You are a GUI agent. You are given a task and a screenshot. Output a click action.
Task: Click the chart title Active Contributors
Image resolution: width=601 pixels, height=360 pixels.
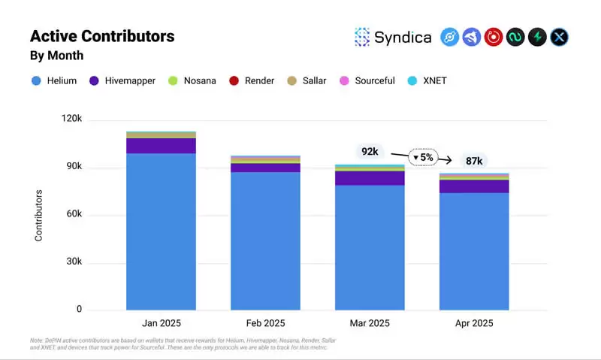tap(102, 36)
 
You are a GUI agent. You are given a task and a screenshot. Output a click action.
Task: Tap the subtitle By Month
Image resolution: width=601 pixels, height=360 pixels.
tap(56, 56)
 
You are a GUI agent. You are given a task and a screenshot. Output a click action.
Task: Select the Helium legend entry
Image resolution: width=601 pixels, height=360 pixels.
tap(54, 80)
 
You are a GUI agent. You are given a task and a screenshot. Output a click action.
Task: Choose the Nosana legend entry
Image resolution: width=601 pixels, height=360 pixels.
tap(192, 80)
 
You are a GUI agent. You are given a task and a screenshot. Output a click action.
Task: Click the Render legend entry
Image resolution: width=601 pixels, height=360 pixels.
tap(252, 80)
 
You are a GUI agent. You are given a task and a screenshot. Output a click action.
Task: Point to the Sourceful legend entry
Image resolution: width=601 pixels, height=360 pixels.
tap(367, 80)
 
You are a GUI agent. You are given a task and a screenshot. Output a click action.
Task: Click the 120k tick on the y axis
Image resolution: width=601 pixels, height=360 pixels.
tap(72, 119)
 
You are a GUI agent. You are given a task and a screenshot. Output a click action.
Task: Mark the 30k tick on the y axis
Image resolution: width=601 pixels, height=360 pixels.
tap(74, 262)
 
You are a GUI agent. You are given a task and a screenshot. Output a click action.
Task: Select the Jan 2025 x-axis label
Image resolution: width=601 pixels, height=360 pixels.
tap(161, 323)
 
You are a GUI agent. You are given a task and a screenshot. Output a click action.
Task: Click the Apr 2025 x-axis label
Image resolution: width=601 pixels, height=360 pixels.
tap(473, 323)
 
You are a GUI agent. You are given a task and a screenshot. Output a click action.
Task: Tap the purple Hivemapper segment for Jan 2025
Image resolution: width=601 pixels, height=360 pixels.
tap(161, 146)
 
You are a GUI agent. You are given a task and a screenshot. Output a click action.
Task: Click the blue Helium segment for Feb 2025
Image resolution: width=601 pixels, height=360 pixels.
tap(265, 241)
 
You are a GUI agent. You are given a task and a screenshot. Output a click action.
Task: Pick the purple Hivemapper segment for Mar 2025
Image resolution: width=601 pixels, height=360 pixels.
tap(369, 178)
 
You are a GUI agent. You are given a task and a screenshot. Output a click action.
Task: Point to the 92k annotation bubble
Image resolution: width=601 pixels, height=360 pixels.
tap(370, 151)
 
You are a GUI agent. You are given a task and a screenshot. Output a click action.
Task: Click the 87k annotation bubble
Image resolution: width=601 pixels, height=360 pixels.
tap(474, 161)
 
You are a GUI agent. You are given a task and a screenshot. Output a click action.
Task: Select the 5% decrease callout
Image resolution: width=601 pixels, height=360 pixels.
tap(424, 157)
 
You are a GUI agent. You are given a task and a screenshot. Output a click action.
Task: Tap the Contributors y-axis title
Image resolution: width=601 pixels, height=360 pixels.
tap(39, 215)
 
